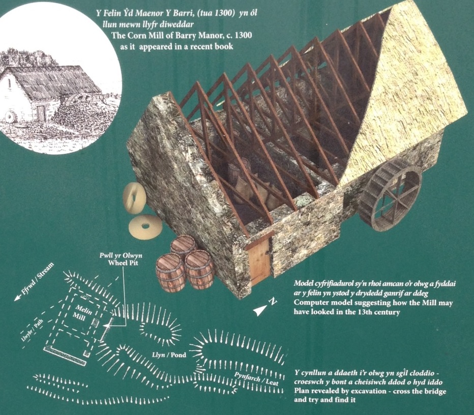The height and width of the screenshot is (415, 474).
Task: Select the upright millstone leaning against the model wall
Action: click(133, 198)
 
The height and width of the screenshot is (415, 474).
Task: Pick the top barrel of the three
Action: click(184, 248)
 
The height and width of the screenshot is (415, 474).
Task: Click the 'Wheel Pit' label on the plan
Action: click(123, 263)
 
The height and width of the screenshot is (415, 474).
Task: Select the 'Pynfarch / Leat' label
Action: click(257, 378)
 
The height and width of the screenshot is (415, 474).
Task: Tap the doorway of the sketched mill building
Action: click(41, 113)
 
